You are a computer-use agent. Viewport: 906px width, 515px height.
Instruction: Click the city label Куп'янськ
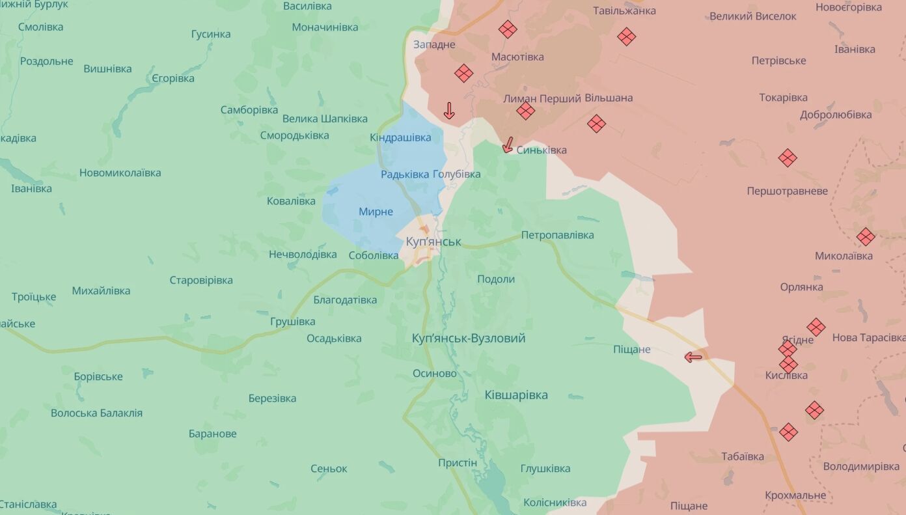pos(433,242)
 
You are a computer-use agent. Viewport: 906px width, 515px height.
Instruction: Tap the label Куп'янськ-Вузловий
pos(469,339)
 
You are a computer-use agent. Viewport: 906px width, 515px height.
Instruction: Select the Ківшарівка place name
pos(516,395)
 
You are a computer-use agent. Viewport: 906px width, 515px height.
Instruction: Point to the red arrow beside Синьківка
pos(508,145)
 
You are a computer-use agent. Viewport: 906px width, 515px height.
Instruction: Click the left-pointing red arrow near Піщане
pos(694,356)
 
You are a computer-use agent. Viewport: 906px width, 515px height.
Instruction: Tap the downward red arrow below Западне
pos(449,111)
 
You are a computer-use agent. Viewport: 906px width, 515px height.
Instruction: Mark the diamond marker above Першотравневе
pos(788,158)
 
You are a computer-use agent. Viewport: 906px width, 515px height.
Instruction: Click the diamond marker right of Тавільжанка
pos(627,36)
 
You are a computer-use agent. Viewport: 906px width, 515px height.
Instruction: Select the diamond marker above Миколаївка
pos(865,237)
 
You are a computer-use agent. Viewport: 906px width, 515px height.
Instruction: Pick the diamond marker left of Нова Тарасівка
pos(816,327)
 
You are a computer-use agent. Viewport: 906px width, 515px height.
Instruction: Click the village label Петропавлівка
pos(557,235)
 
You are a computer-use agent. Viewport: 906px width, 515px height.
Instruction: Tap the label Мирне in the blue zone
pos(376,212)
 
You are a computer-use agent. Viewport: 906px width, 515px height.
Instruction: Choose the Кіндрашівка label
pos(400,137)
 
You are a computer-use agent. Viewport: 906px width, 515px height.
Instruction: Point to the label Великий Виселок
pos(752,16)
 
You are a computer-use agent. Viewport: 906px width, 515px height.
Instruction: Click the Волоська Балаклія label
pos(96,413)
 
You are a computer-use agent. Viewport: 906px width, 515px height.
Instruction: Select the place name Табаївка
pos(743,456)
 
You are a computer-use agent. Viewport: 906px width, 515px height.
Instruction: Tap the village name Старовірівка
pos(201,281)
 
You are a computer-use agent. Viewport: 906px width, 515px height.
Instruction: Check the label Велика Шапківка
pos(325,118)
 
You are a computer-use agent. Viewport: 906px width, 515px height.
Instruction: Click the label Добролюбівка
pos(836,115)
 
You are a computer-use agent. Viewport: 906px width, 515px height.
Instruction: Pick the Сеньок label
pos(329,469)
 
